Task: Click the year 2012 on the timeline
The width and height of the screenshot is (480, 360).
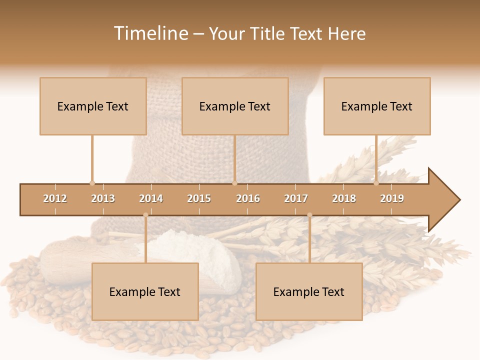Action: coord(55,198)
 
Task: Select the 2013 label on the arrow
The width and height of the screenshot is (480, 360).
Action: coord(103,198)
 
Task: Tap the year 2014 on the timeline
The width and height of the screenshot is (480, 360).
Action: coord(151,198)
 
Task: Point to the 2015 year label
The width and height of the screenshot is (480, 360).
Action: coord(199,198)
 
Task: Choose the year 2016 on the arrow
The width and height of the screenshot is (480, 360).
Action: coord(248,198)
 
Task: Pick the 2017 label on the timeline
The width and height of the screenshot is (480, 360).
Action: coord(296,198)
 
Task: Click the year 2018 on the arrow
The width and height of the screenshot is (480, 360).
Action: coord(344,198)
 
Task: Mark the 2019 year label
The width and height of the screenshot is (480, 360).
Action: coord(392,198)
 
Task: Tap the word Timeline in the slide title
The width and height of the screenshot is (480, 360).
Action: coord(150,33)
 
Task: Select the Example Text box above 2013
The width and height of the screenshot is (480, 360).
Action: coord(93,106)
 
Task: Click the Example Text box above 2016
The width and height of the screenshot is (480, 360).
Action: coord(235,106)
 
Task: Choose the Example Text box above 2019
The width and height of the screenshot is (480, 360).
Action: coord(377,106)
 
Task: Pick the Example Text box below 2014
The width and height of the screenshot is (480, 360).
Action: coord(145,291)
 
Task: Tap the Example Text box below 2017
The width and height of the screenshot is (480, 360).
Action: coord(309,291)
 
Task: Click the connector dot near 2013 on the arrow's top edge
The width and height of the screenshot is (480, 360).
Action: coord(92,183)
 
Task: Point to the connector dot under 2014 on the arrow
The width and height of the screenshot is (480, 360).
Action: coord(145,215)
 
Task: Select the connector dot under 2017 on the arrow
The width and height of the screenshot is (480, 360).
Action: coord(309,215)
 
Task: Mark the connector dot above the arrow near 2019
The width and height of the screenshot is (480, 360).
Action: coord(376,183)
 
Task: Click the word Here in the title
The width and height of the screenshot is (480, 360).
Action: coord(347,33)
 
